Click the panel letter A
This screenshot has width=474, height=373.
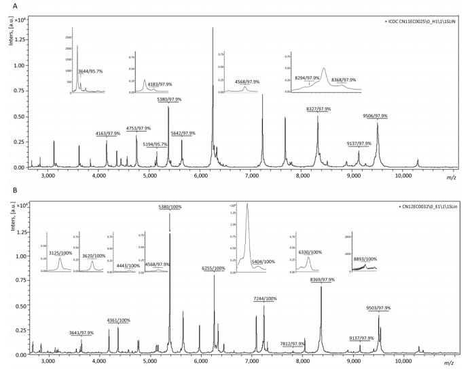pos(5,5)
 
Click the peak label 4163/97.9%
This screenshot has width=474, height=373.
pos(107,134)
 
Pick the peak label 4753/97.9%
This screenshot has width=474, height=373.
pos(138,128)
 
